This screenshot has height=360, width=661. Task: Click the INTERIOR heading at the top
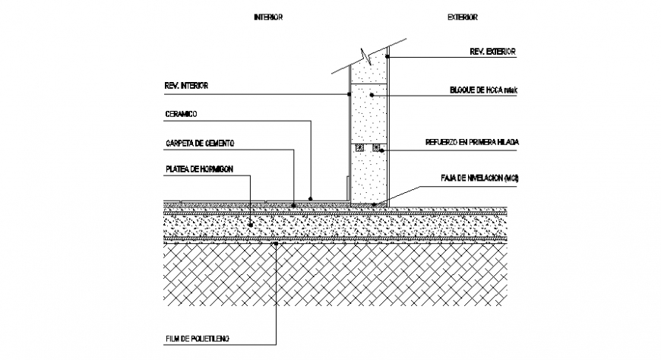click(x=268, y=17)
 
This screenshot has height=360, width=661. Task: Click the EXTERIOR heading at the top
click(x=462, y=17)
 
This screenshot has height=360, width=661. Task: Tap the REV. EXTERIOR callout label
click(x=492, y=52)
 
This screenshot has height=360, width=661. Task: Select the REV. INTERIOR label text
click(x=185, y=86)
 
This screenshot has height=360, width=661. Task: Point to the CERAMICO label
click(x=181, y=114)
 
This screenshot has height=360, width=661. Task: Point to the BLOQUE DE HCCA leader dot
click(x=372, y=95)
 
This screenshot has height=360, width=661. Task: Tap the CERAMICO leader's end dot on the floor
click(x=311, y=198)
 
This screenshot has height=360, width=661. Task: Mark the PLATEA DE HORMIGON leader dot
click(x=251, y=225)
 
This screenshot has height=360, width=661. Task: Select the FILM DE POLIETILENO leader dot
click(x=277, y=244)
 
